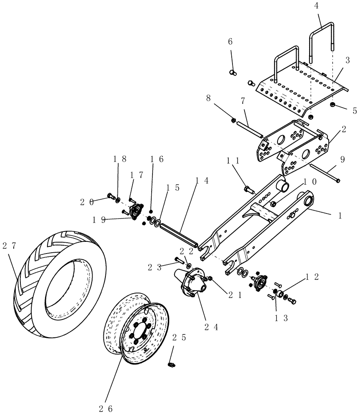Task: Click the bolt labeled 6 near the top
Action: tap(233, 72)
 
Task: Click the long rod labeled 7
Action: tap(249, 128)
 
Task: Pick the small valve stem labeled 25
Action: tap(171, 365)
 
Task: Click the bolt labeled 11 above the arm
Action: tap(248, 190)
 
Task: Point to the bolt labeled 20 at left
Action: tap(111, 196)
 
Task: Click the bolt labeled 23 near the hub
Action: tap(179, 261)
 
